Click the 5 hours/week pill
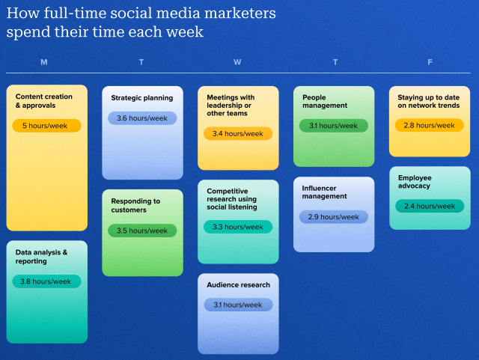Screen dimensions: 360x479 [x=46, y=126]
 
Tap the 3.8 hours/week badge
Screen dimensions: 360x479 [x=46, y=281]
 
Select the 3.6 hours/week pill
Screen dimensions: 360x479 [x=142, y=118]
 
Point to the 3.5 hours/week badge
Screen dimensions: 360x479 [x=142, y=231]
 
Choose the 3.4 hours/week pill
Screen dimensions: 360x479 [x=238, y=133]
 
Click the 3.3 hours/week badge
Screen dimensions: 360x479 [x=238, y=227]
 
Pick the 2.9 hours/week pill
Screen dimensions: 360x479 [x=334, y=217]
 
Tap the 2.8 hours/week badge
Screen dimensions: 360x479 [x=430, y=125]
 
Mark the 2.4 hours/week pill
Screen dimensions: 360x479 [x=430, y=206]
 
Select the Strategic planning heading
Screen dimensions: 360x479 [x=141, y=98]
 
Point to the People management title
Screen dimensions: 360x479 [x=325, y=101]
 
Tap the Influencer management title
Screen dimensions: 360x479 [x=325, y=192]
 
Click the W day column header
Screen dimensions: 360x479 [x=237, y=62]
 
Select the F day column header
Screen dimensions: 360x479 [x=430, y=62]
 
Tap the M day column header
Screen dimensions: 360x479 [x=44, y=62]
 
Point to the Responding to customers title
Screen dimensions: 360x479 [x=135, y=206]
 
